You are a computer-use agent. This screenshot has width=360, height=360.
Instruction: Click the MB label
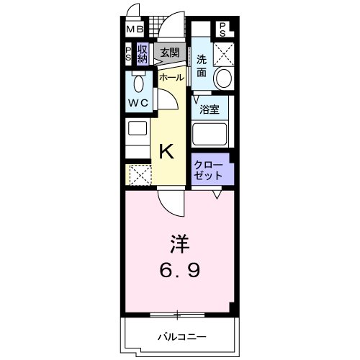[x=135, y=30]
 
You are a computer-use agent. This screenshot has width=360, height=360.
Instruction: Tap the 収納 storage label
[x=143, y=54]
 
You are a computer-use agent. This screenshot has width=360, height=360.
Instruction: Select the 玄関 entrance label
[x=170, y=52]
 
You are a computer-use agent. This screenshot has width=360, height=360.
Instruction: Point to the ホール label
[x=171, y=76]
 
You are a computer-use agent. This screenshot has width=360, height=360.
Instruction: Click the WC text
[x=138, y=103]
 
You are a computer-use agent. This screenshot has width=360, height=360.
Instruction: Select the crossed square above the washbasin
[x=225, y=53]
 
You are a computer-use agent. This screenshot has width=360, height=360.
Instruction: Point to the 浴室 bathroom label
[x=209, y=110]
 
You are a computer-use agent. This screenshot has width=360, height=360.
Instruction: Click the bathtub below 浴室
[x=210, y=135]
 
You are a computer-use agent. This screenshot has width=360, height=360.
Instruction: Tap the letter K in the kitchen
[x=166, y=151]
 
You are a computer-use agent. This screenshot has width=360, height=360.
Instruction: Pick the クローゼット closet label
[x=207, y=171]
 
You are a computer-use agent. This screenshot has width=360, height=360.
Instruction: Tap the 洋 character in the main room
[x=179, y=245]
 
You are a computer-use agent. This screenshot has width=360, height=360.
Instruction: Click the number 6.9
[x=180, y=272]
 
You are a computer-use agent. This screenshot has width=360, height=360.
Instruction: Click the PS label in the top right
[x=223, y=30]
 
